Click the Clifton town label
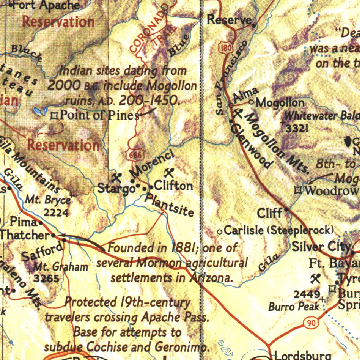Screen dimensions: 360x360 pos(173,186)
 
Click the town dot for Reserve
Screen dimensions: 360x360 pos(254,25)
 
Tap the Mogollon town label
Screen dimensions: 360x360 pos(280,103)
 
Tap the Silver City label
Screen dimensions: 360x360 pos(321,247)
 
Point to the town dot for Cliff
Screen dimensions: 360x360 pos(287,210)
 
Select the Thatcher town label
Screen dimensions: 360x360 pos(25,235)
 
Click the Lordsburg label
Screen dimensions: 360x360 pos(302,355)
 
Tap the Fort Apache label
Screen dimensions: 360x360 pos(46,5)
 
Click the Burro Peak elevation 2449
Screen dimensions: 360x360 pos(307,295)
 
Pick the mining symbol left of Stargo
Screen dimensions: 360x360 pos(116,177)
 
